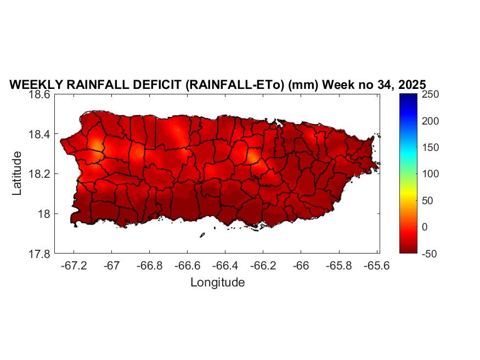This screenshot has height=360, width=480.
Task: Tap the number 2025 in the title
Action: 410,85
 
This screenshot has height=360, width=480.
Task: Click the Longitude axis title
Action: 217,283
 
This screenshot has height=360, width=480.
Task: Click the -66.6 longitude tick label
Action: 187,266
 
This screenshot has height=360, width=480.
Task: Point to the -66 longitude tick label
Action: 301,266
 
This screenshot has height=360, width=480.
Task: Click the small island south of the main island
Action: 202,235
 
